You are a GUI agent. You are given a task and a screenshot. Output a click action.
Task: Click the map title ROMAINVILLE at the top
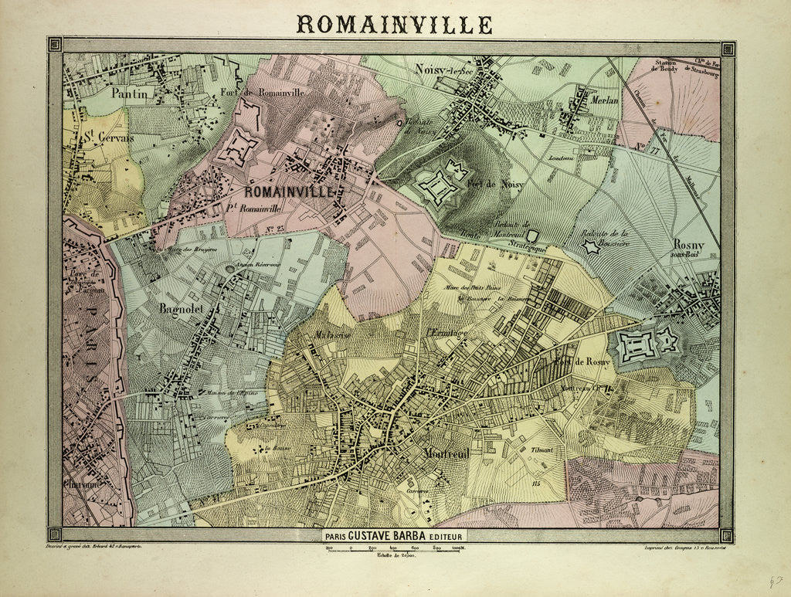[394, 24]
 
